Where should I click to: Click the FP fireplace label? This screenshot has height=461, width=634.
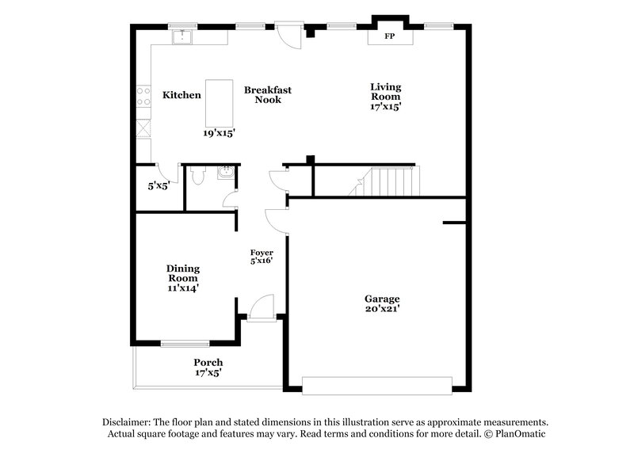(389, 36)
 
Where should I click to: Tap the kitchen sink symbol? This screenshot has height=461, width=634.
(183, 36)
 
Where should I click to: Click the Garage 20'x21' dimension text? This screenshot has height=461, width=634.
(382, 311)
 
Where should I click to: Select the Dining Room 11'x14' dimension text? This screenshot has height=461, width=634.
(183, 288)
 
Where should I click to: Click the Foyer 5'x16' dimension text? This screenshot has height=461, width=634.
(262, 261)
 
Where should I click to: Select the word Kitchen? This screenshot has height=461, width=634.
(181, 95)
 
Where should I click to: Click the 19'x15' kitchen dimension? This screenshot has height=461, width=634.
(219, 133)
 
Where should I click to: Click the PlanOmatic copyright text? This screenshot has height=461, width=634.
(514, 435)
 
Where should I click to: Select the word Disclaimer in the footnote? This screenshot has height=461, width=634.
(128, 423)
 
